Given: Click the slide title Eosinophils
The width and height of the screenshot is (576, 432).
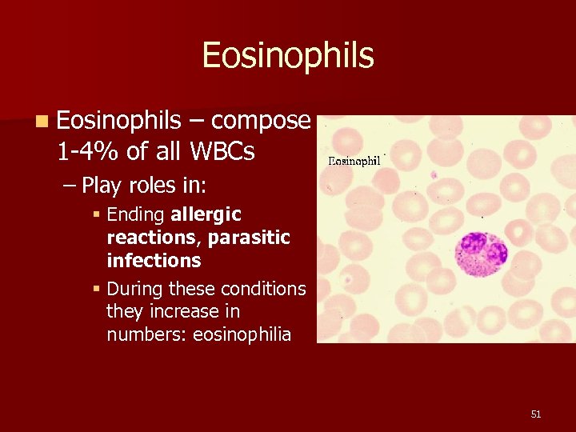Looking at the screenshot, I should click(288, 55).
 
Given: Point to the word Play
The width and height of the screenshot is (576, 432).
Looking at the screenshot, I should click(102, 186).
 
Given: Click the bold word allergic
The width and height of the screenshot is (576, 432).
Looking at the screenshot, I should click(206, 214).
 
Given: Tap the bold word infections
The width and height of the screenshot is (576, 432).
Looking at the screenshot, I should click(154, 261).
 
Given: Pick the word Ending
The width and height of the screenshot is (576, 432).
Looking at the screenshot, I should click(136, 214).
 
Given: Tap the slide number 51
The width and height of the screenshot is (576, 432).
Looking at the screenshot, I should click(535, 414).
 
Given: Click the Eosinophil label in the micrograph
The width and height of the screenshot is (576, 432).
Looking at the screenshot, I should click(354, 161).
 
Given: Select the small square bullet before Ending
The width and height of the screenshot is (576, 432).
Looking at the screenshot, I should click(96, 215).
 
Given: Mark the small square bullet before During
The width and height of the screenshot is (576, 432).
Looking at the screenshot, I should click(96, 289).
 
